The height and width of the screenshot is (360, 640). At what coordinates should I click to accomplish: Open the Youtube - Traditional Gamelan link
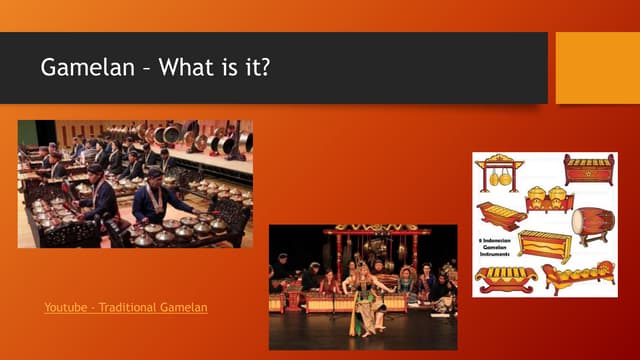click(x=126, y=307)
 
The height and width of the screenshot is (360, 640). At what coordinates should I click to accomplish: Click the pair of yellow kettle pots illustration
click(x=549, y=198)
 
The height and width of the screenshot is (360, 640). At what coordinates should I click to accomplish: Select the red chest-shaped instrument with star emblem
click(x=588, y=169)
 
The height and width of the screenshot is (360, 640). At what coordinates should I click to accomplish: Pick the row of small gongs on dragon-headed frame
click(x=580, y=276)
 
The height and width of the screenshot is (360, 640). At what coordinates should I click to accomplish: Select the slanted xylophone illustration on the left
click(x=501, y=215)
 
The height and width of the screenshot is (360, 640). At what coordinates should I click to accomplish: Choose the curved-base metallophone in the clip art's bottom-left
click(x=505, y=278)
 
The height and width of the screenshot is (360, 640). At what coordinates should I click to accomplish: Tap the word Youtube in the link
click(x=67, y=307)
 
